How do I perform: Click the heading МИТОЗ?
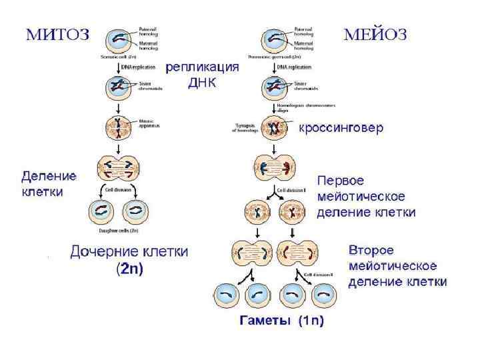click(57, 35)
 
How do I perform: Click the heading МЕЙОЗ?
click(375, 35)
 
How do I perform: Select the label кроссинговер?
click(341, 127)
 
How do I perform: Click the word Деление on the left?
click(49, 177)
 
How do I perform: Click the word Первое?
click(340, 181)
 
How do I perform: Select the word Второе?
click(371, 251)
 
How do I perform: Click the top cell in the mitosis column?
click(117, 38)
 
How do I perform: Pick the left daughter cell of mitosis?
click(103, 213)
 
